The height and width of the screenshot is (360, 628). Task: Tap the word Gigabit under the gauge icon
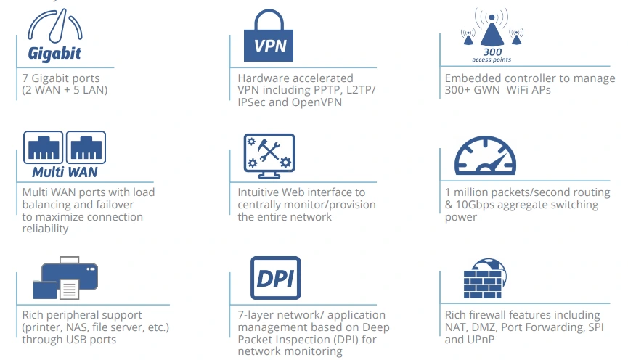click(x=54, y=53)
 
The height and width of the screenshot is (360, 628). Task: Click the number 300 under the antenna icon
click(x=493, y=51)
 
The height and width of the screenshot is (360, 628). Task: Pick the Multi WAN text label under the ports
click(x=65, y=173)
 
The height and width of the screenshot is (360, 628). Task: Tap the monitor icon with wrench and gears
click(x=269, y=155)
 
